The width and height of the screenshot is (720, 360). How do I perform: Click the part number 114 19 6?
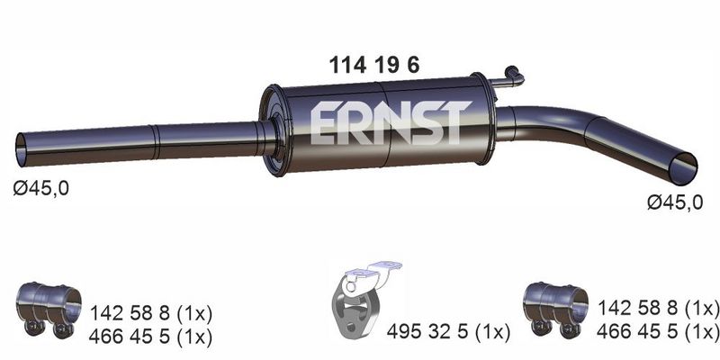(373, 66)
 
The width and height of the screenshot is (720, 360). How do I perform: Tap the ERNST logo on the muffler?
(391, 122)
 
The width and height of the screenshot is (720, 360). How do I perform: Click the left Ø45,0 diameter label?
(40, 188)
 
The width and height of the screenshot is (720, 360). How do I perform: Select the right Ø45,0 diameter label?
(675, 202)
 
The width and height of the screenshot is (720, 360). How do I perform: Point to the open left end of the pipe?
(21, 150)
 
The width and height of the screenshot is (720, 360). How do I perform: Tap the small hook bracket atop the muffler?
(509, 78)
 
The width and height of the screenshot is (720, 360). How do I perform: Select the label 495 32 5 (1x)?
(448, 331)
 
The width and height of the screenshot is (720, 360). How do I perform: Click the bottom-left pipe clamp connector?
(49, 309)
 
